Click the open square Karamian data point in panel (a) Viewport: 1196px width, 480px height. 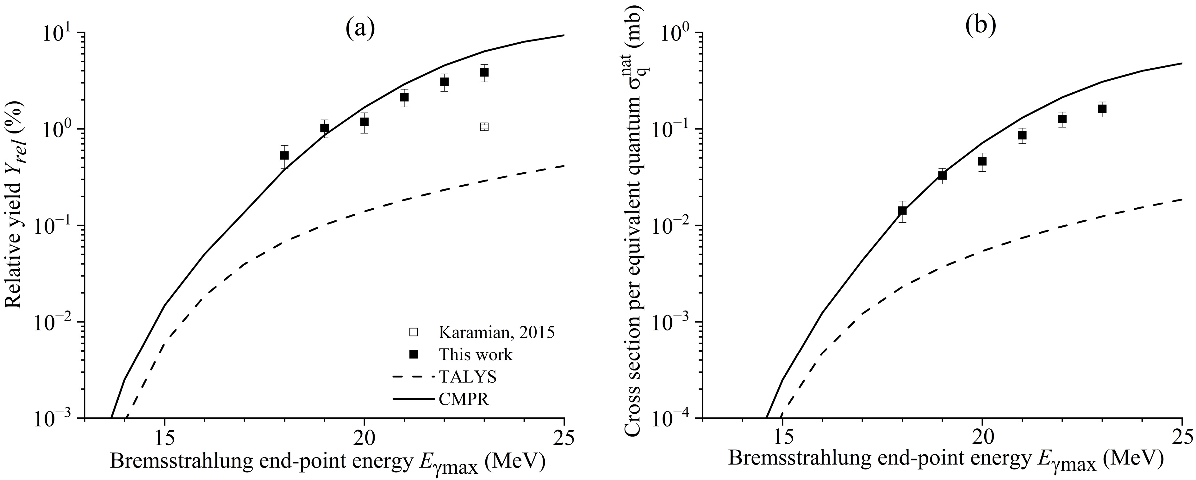[x=484, y=127]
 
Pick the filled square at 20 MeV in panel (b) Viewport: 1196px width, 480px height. [x=982, y=161]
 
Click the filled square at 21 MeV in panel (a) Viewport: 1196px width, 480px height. [x=404, y=97]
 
